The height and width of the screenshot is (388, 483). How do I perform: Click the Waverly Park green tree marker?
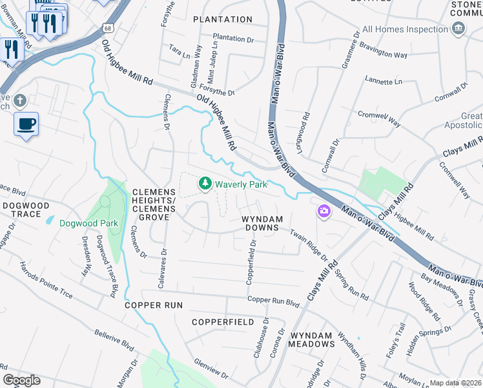205,184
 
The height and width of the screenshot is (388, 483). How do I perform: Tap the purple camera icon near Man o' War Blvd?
324,211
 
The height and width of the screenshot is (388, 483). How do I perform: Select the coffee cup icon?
26,124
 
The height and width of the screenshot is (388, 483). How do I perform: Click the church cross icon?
20,101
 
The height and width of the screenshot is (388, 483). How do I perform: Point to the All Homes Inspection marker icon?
458,28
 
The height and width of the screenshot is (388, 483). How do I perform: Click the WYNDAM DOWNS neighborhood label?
262,223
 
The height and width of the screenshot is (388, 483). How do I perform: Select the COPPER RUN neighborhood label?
154,305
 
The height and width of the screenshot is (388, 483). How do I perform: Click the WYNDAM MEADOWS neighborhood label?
311,339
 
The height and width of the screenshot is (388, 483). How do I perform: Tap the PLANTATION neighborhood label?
223,19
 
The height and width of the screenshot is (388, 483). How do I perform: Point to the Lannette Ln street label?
383,82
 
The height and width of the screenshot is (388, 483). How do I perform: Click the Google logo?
21,380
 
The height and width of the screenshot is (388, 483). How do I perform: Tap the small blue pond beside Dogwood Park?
50,221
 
